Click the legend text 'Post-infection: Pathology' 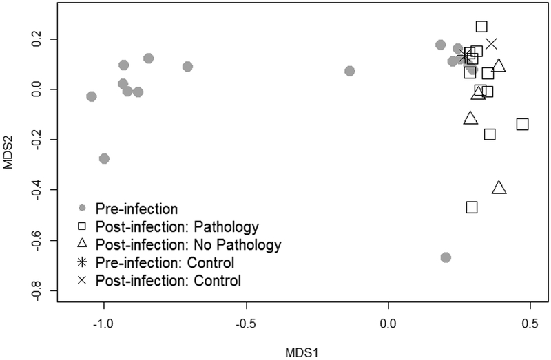[x=177, y=225]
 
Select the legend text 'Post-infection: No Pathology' [x=189, y=244]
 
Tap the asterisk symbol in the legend [x=82, y=262]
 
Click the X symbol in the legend [x=82, y=280]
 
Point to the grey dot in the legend [x=82, y=207]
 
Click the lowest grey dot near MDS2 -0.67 [x=446, y=257]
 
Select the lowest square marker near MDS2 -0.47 [x=472, y=207]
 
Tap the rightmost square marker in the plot [x=523, y=124]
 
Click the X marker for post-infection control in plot [x=491, y=43]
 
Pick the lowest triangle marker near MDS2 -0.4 [x=499, y=188]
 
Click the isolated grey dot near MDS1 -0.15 [x=350, y=71]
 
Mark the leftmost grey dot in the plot [x=91, y=96]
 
